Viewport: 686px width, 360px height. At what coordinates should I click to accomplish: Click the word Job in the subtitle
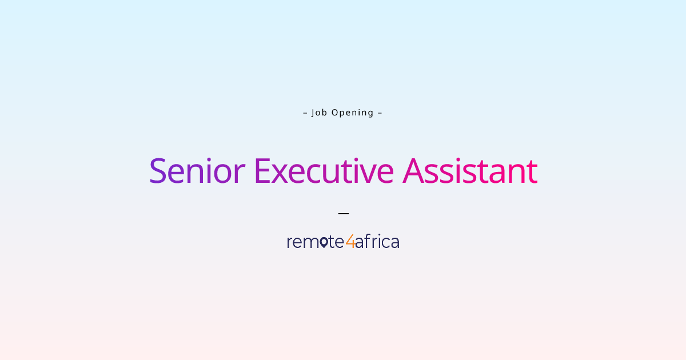tap(319, 113)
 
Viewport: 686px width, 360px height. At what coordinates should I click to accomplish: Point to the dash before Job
tap(305, 113)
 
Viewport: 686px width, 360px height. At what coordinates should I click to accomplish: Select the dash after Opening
tap(380, 113)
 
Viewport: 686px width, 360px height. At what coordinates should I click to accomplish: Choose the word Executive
tap(324, 170)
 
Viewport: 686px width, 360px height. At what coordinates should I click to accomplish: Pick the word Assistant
tap(470, 170)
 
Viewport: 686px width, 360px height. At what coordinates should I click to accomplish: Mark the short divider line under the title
tap(343, 213)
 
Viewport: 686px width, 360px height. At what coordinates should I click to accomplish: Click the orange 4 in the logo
tap(350, 242)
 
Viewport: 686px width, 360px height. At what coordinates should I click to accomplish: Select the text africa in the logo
tap(377, 242)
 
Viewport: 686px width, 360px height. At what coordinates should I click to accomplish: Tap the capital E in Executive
tap(261, 170)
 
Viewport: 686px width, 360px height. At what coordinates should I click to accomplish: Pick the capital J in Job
tap(313, 113)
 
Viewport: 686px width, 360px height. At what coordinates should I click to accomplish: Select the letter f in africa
tap(367, 242)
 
